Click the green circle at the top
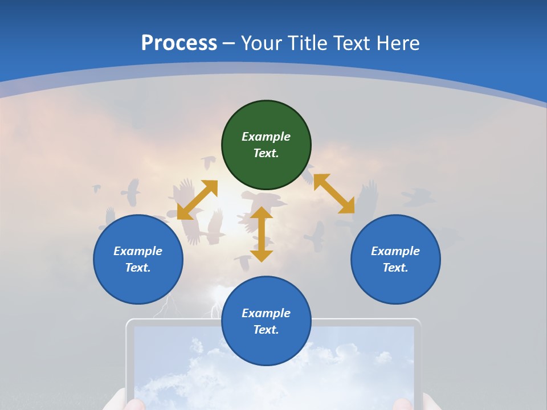[266, 145]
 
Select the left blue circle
[138, 259]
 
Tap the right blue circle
[395, 259]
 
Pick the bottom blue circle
[266, 321]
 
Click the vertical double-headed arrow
[262, 235]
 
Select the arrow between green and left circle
[197, 200]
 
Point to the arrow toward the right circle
[334, 194]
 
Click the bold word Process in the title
[179, 43]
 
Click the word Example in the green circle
[266, 137]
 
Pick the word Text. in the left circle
[138, 268]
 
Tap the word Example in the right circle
[395, 251]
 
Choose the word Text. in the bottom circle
[266, 330]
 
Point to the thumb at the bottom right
[403, 404]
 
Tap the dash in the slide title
[229, 43]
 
